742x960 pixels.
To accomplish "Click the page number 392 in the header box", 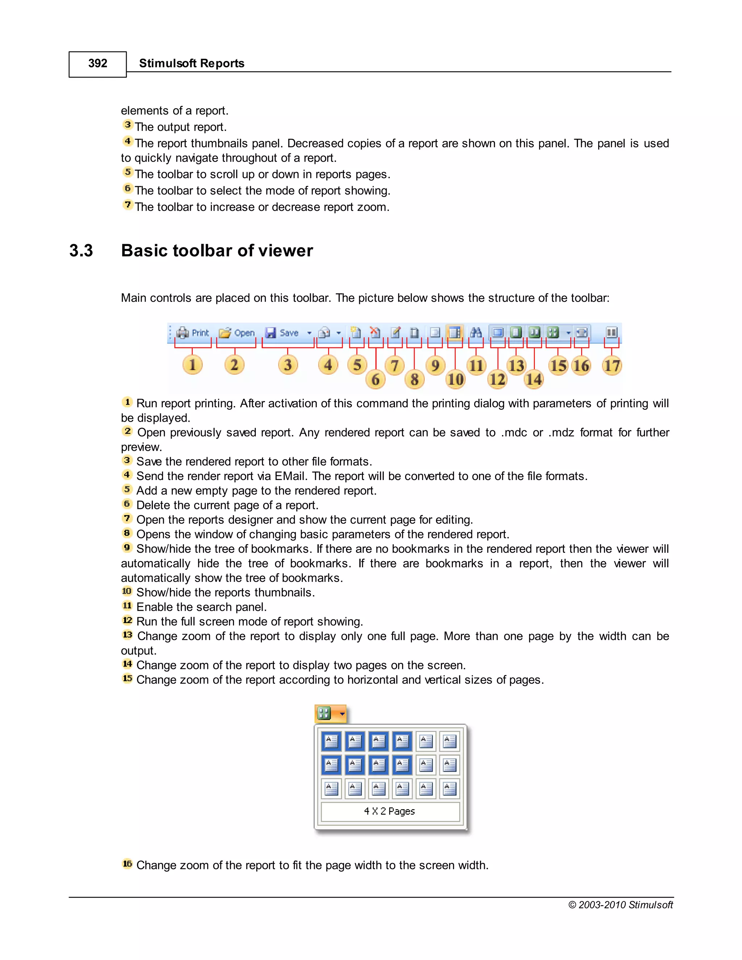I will point(97,64).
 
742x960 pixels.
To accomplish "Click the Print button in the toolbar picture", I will point(193,333).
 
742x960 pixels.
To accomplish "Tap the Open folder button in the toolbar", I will point(237,333).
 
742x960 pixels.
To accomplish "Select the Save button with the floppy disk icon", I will point(283,333).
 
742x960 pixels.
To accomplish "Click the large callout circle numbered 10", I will point(455,379).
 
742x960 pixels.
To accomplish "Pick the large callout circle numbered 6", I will point(375,379).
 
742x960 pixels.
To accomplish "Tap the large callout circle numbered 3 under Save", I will point(288,365).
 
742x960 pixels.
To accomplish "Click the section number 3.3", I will point(81,251).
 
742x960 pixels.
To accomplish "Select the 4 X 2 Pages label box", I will point(390,811).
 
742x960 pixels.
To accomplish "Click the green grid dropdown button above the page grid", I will point(330,713).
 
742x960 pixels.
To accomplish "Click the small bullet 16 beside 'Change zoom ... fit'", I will point(127,864).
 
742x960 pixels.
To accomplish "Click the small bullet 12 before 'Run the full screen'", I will point(127,620).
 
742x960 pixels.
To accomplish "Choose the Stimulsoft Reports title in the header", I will point(192,64).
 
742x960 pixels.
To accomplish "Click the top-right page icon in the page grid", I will point(449,742).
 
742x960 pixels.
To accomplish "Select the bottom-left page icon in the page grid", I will point(332,788).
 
